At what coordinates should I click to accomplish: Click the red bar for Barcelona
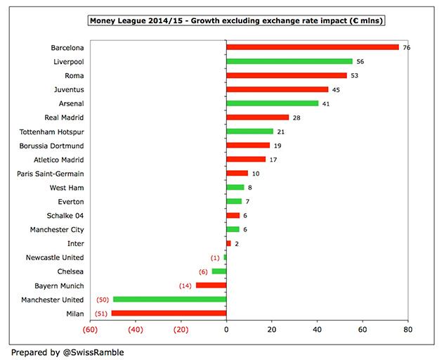[x=313, y=47]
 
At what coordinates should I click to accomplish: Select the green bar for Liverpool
[x=289, y=61]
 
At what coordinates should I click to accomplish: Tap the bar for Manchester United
[x=170, y=299]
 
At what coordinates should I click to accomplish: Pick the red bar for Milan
[x=169, y=313]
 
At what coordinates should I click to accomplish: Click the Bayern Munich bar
[x=211, y=285]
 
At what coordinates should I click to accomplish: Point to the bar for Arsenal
[x=273, y=103]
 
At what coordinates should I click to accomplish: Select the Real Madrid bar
[x=258, y=117]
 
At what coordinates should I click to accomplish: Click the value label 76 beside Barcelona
[x=407, y=48]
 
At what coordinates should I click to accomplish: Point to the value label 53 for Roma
[x=355, y=75]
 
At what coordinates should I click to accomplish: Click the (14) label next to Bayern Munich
[x=185, y=285]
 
